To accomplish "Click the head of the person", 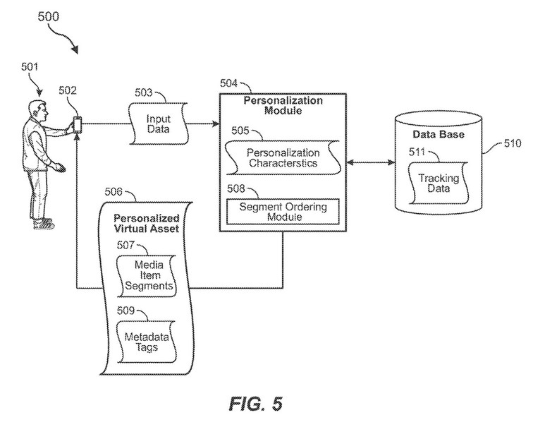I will [x=38, y=109].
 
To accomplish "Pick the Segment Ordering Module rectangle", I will [x=281, y=211].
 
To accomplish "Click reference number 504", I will [x=228, y=83].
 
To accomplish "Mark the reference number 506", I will [x=113, y=191].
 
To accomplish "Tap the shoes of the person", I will [x=44, y=224].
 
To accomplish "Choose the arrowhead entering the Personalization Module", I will [x=214, y=124].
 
